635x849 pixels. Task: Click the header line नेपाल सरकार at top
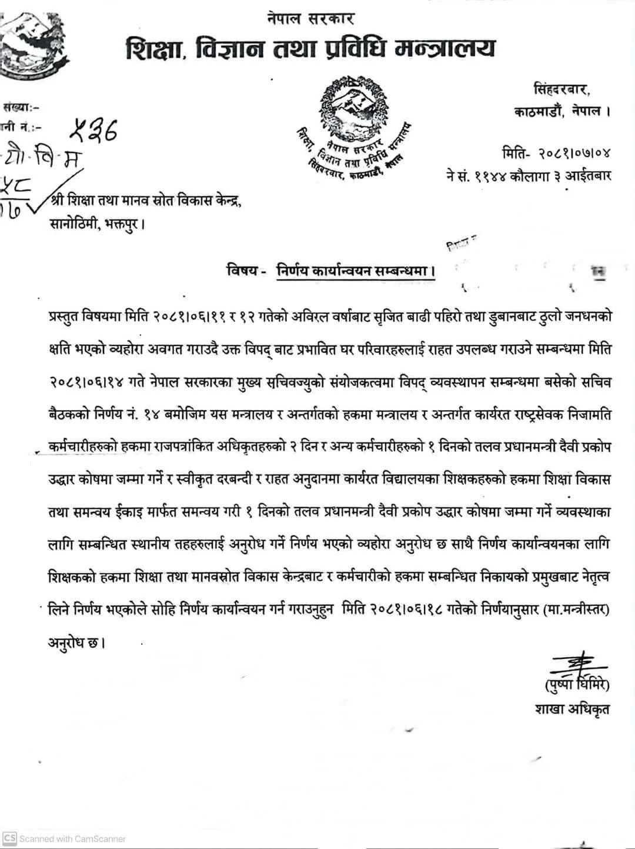[x=309, y=19]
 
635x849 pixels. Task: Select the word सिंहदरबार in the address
[x=562, y=90]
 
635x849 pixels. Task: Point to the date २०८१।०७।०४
[x=573, y=154]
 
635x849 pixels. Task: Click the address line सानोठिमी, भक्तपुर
[x=96, y=224]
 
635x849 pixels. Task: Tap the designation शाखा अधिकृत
[x=572, y=709]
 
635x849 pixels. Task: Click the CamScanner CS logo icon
[x=9, y=838]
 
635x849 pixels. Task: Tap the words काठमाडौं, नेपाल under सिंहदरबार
[x=560, y=112]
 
